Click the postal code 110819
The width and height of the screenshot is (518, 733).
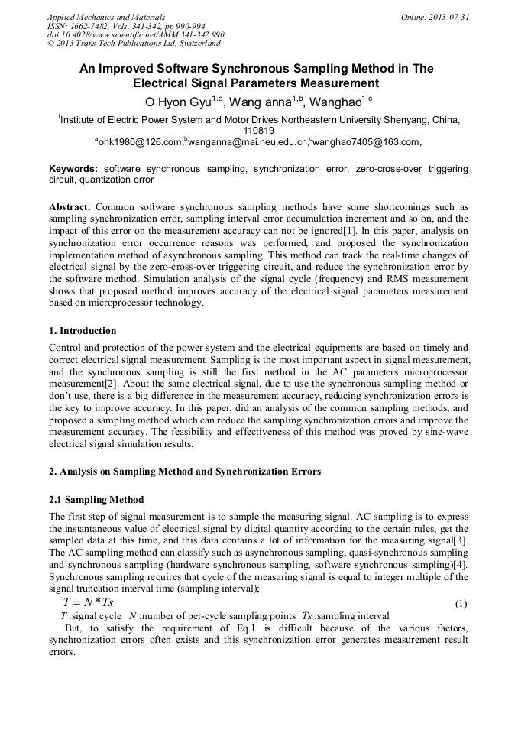tap(258, 131)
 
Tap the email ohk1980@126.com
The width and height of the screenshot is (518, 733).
tap(141, 142)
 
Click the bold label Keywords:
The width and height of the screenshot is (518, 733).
tap(73, 168)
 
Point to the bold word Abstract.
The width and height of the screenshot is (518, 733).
tap(71, 207)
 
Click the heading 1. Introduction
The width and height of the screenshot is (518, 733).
tap(83, 331)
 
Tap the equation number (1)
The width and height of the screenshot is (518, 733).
tap(461, 604)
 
